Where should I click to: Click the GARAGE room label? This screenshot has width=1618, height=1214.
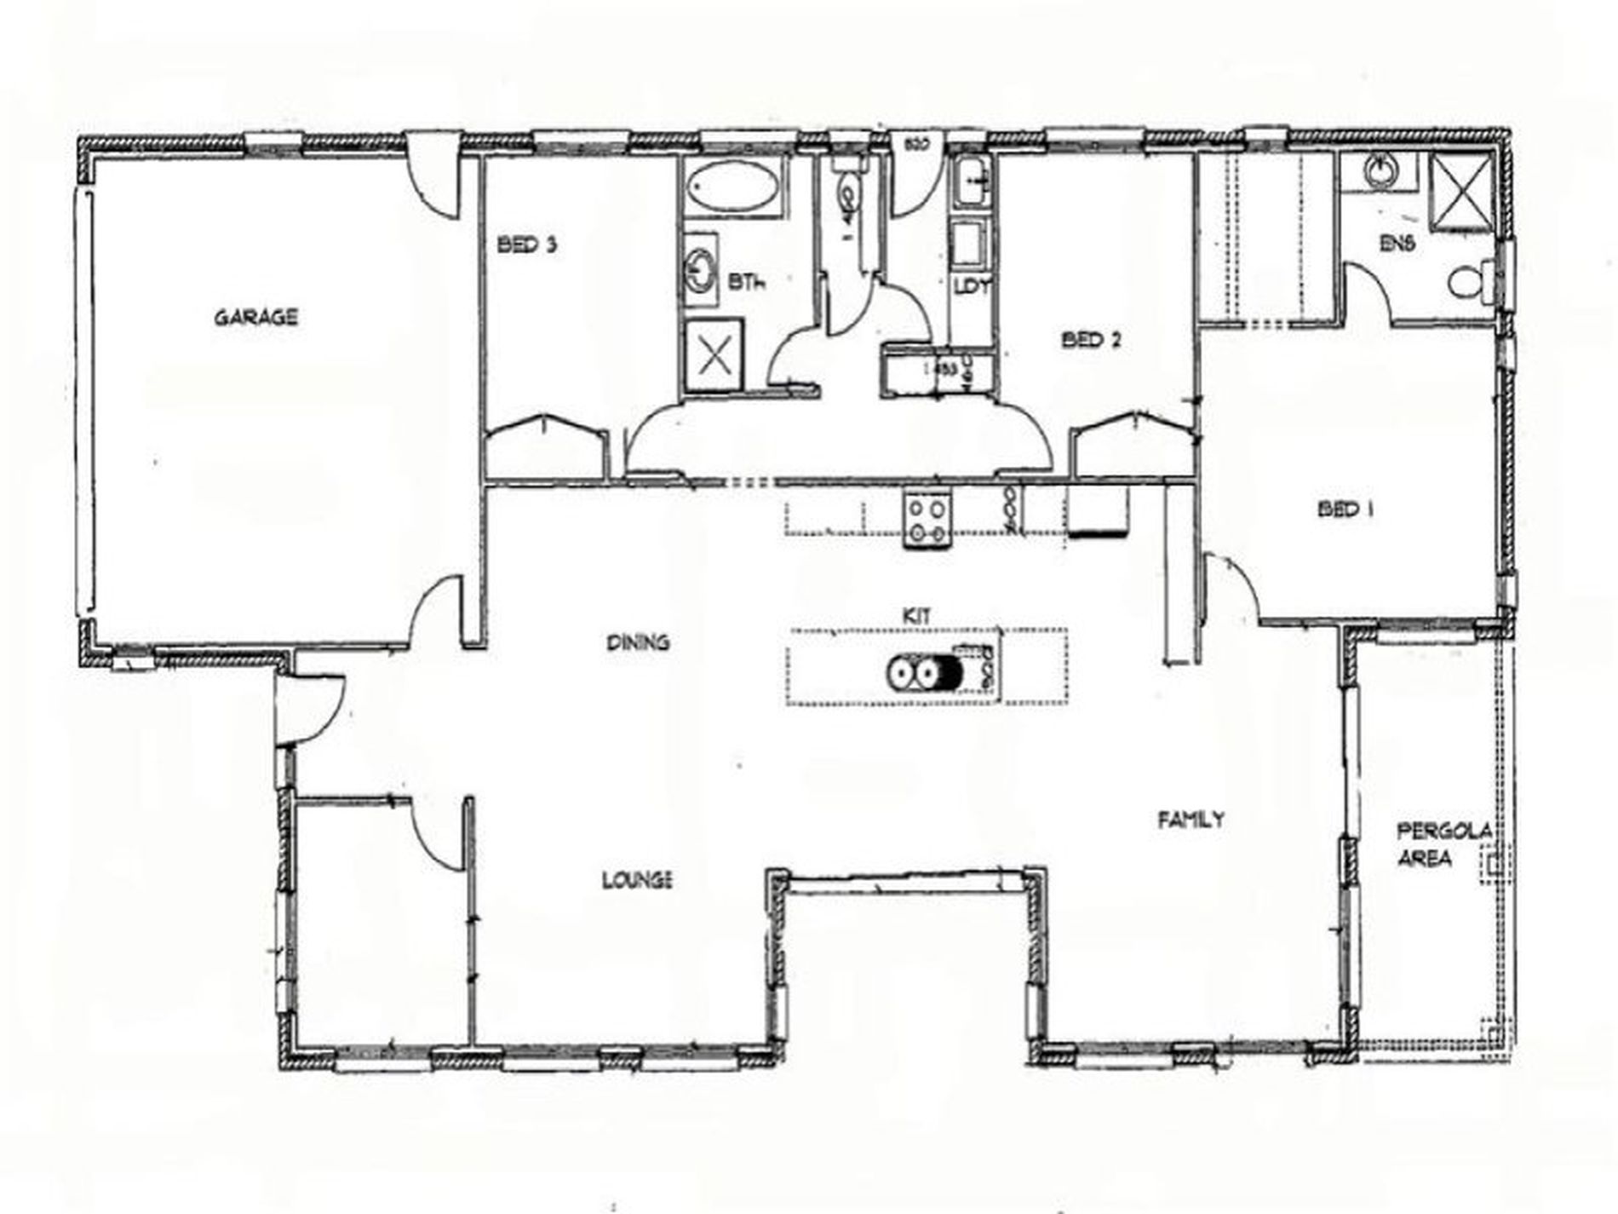[255, 318]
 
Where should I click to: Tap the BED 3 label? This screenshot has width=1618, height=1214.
[527, 245]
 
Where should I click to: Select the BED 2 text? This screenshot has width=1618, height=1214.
[1091, 340]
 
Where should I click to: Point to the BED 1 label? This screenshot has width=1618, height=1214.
[1345, 509]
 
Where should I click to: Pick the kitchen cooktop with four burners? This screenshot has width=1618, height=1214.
[927, 520]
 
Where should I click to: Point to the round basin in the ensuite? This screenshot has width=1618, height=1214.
[1382, 173]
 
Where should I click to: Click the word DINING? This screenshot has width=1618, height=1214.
[638, 642]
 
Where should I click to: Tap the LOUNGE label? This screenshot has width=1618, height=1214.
[638, 879]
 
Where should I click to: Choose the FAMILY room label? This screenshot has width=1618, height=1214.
[1191, 820]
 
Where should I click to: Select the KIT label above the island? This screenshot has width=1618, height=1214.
[916, 615]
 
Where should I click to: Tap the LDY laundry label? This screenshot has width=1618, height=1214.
[972, 286]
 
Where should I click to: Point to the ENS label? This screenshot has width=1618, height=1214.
[1397, 243]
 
